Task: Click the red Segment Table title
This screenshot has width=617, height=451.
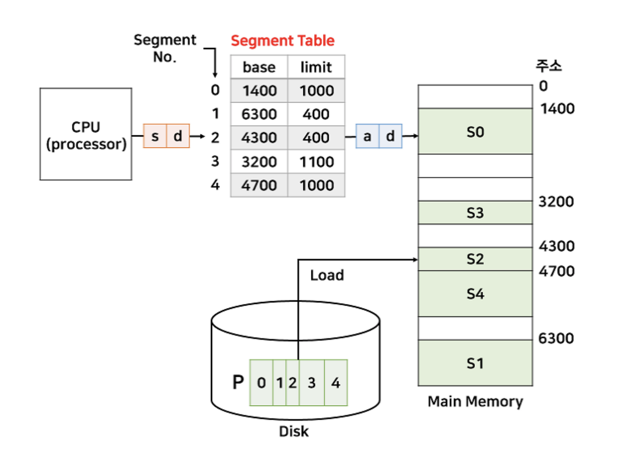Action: [282, 40]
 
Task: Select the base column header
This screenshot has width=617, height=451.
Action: [259, 67]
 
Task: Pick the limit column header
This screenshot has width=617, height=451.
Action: [316, 67]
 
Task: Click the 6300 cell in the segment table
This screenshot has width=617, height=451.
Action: [259, 114]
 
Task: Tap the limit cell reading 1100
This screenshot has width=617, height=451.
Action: [316, 161]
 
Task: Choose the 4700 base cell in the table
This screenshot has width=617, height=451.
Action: [259, 185]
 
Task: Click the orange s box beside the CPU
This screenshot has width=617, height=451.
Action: [155, 136]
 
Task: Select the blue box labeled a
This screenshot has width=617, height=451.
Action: [367, 136]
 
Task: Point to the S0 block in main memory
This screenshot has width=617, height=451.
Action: [475, 131]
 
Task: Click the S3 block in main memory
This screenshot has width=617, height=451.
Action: [475, 212]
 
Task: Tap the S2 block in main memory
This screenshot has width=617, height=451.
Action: [475, 259]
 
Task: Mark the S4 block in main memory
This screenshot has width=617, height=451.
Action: [475, 293]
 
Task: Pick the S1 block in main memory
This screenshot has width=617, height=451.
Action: [475, 363]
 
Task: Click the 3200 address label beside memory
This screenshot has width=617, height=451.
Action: [556, 202]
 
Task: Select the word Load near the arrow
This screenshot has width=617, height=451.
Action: [327, 276]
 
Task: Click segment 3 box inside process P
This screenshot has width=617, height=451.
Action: [311, 383]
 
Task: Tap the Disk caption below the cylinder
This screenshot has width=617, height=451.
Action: [294, 431]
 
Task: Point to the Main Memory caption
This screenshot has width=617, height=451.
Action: [475, 401]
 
